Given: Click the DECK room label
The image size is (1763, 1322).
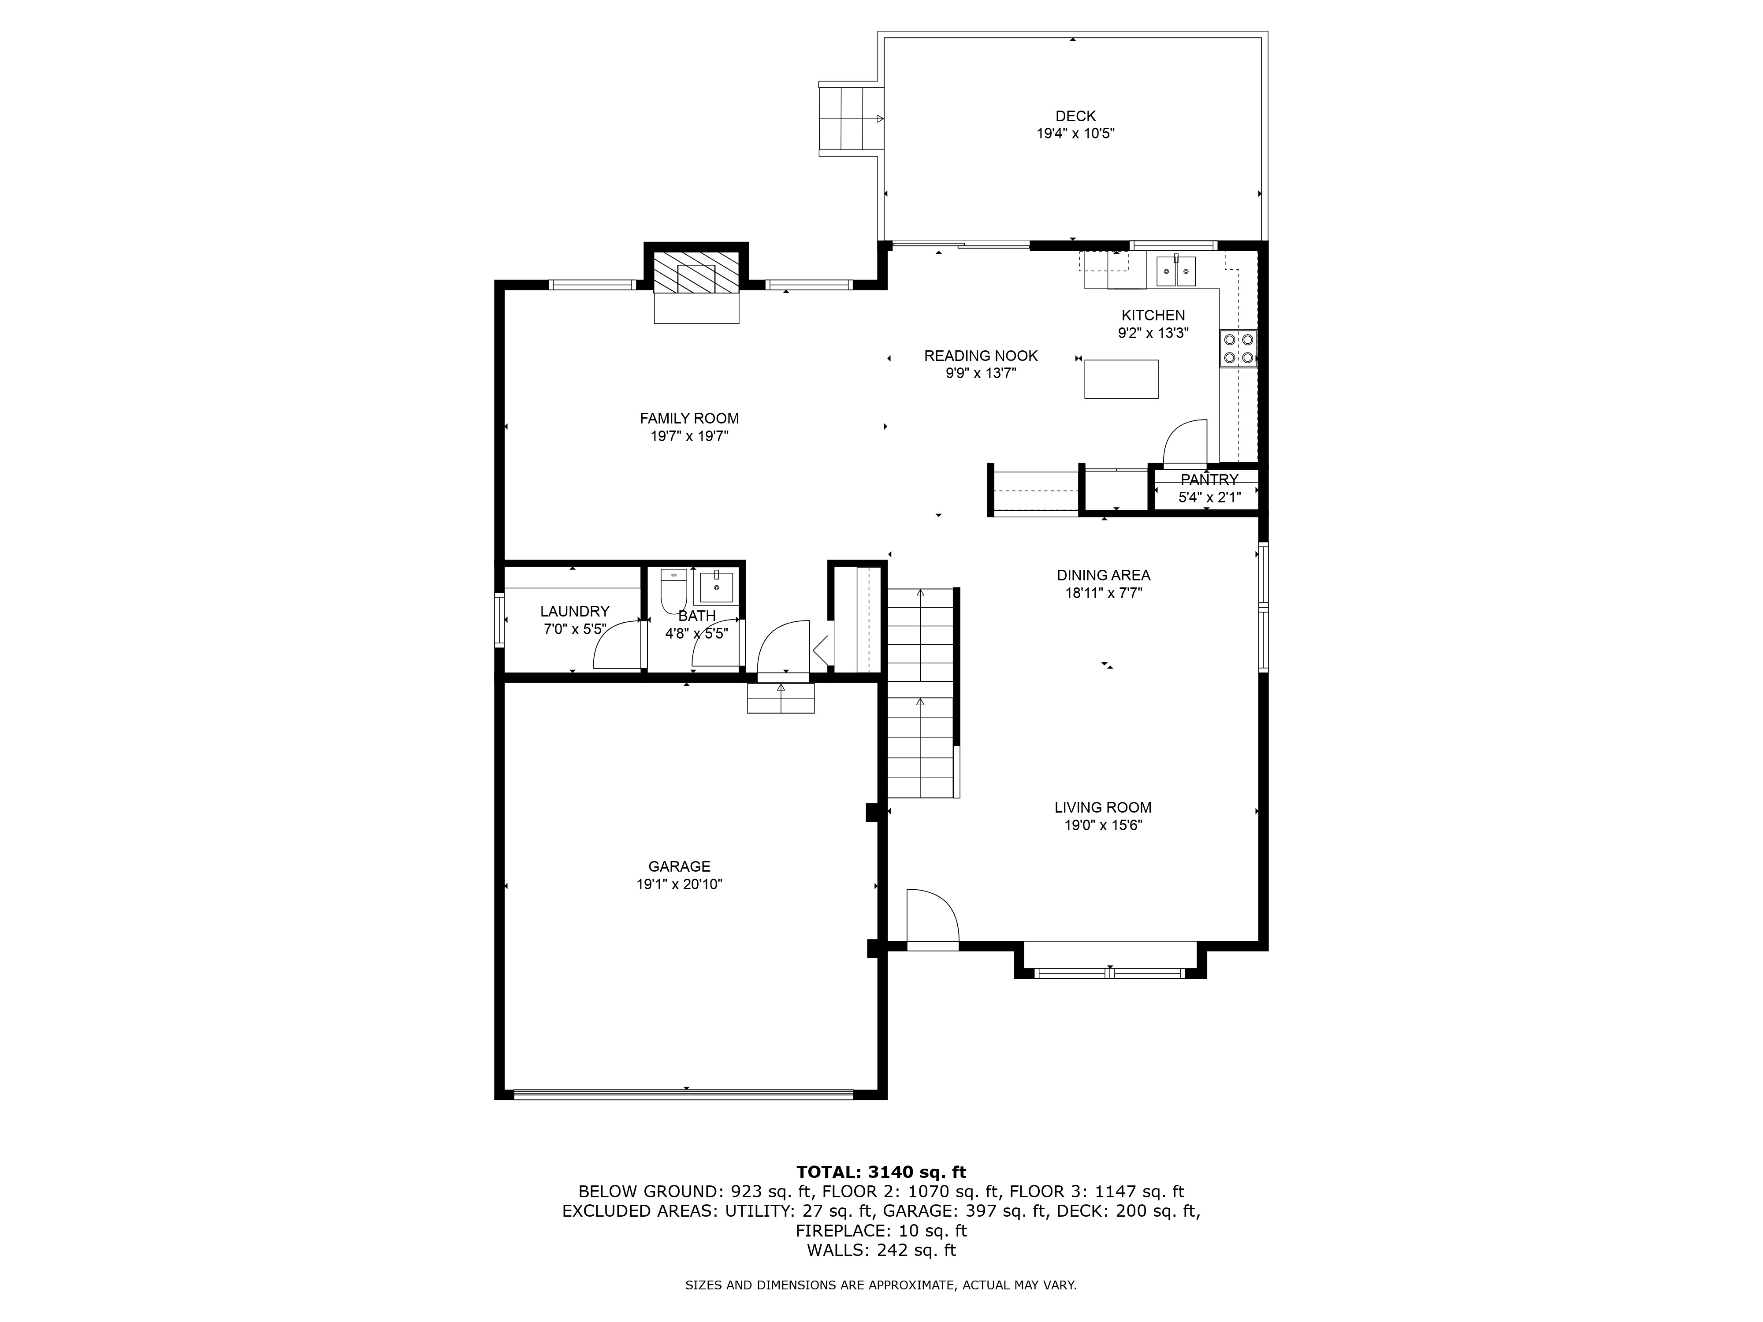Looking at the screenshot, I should click(x=1075, y=116).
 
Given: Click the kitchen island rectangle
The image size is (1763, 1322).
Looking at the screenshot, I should click(x=1120, y=379).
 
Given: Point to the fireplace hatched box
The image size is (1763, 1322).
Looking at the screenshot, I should click(x=696, y=272).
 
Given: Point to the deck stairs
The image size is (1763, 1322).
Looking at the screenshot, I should click(x=850, y=119).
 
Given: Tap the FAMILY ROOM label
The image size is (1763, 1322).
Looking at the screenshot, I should click(x=688, y=418).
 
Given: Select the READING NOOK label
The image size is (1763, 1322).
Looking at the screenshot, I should click(x=980, y=356).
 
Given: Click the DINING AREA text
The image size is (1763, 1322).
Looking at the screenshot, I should click(x=1103, y=576).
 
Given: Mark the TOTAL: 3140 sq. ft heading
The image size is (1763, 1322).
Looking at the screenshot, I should click(x=881, y=1172).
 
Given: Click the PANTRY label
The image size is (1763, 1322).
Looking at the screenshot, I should click(x=1208, y=480).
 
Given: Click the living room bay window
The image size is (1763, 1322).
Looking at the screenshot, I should click(x=1109, y=972).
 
